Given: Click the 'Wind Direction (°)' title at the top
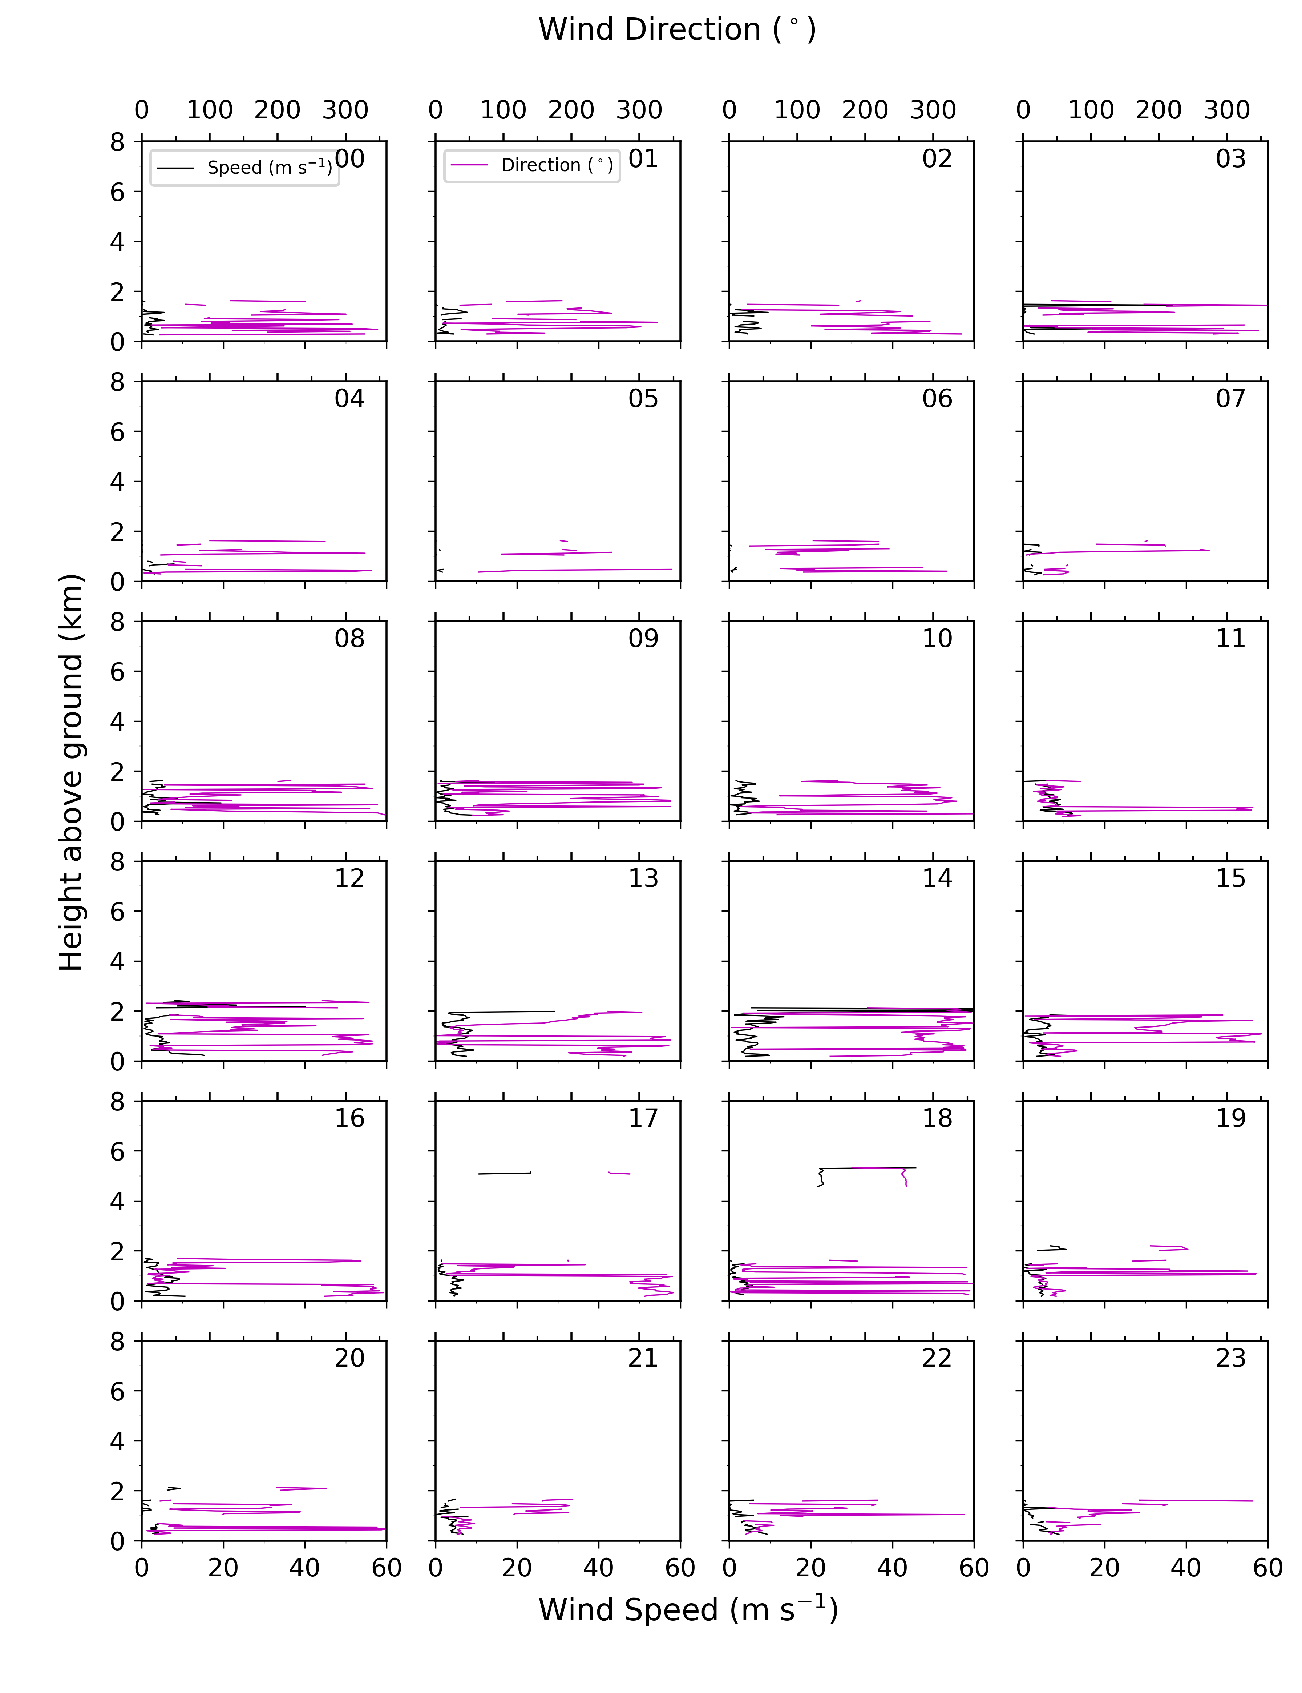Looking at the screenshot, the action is point(678,29).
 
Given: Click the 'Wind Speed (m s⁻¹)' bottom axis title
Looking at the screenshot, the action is point(688,1609).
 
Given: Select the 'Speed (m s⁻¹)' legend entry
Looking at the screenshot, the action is point(269,168).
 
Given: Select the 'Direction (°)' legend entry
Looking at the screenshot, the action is point(557,165).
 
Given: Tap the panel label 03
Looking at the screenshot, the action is point(1231,159).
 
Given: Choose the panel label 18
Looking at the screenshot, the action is point(937,1118).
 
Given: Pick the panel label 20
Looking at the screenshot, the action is point(349,1358).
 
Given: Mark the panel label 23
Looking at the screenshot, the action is point(1231,1358).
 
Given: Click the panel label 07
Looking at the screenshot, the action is point(1231,398).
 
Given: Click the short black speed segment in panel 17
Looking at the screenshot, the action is point(505,1173).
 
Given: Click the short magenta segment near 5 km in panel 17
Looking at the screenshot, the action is point(619,1173).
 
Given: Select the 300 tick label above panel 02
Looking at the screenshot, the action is point(933,110).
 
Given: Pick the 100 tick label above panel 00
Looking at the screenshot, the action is point(209,110).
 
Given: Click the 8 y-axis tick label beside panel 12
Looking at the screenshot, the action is point(117,861).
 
